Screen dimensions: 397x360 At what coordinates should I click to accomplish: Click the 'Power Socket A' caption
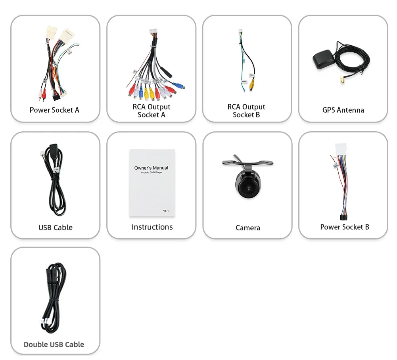pyautogui.click(x=54, y=110)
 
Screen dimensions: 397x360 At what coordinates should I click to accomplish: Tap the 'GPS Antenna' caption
pyautogui.click(x=343, y=110)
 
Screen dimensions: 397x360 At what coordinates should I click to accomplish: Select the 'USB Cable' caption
pyautogui.click(x=56, y=227)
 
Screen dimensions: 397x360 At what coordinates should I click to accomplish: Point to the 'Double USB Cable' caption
pyautogui.click(x=54, y=344)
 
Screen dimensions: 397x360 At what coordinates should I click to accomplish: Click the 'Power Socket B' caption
pyautogui.click(x=345, y=227)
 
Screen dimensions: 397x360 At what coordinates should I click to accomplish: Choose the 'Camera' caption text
pyautogui.click(x=248, y=228)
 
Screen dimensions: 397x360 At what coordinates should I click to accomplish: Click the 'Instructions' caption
pyautogui.click(x=152, y=227)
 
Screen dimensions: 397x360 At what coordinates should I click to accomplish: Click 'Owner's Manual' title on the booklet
pyautogui.click(x=151, y=168)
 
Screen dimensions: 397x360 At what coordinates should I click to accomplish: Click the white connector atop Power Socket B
pyautogui.click(x=341, y=149)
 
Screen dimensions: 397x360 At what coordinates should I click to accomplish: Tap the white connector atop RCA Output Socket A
pyautogui.click(x=153, y=32)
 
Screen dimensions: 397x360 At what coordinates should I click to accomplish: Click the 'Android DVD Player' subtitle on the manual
pyautogui.click(x=151, y=173)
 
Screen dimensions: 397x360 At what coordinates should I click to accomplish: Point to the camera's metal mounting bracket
pyautogui.click(x=248, y=163)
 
